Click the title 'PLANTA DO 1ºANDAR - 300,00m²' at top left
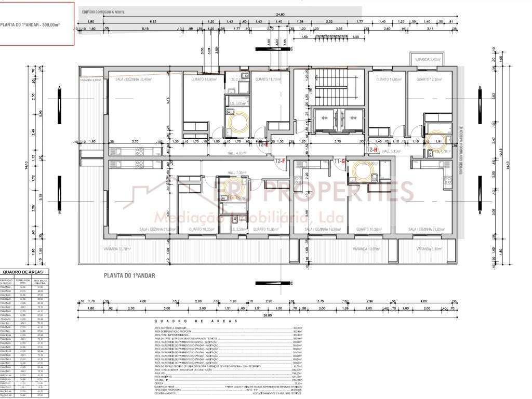(30, 24)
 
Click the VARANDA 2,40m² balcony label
(428, 60)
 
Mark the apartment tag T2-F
(281, 161)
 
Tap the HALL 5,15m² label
(394, 151)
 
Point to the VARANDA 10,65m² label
(366, 249)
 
